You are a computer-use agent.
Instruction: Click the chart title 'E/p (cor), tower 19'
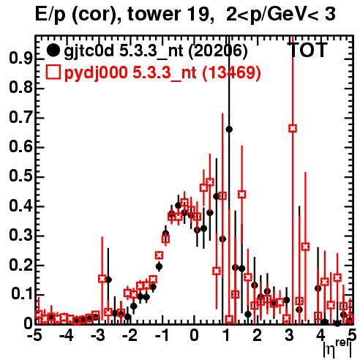coord(122,15)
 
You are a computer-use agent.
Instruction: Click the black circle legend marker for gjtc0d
coord(53,50)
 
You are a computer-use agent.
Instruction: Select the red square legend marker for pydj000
coord(53,72)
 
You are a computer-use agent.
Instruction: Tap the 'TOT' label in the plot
coord(307,50)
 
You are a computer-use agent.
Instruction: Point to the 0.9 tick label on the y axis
coord(20,59)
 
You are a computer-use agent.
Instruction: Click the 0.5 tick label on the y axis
coord(20,177)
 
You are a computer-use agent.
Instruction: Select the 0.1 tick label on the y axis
coord(21,294)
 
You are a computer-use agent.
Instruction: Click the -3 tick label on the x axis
coord(98,336)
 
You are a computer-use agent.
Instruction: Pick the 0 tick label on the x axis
coord(194,336)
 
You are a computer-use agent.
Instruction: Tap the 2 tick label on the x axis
coord(257,336)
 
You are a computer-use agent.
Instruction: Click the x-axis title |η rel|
coord(337,350)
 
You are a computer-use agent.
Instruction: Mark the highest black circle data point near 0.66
coord(229,130)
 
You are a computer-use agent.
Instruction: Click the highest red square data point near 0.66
coord(293,128)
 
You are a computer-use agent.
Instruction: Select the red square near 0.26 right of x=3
coord(305,247)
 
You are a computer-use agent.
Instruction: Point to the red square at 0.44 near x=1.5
coord(241,195)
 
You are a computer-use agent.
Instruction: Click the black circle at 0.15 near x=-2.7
coord(109,280)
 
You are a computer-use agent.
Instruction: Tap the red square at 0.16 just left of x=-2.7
coord(102,279)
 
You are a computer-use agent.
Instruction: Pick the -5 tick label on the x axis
coord(34,336)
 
